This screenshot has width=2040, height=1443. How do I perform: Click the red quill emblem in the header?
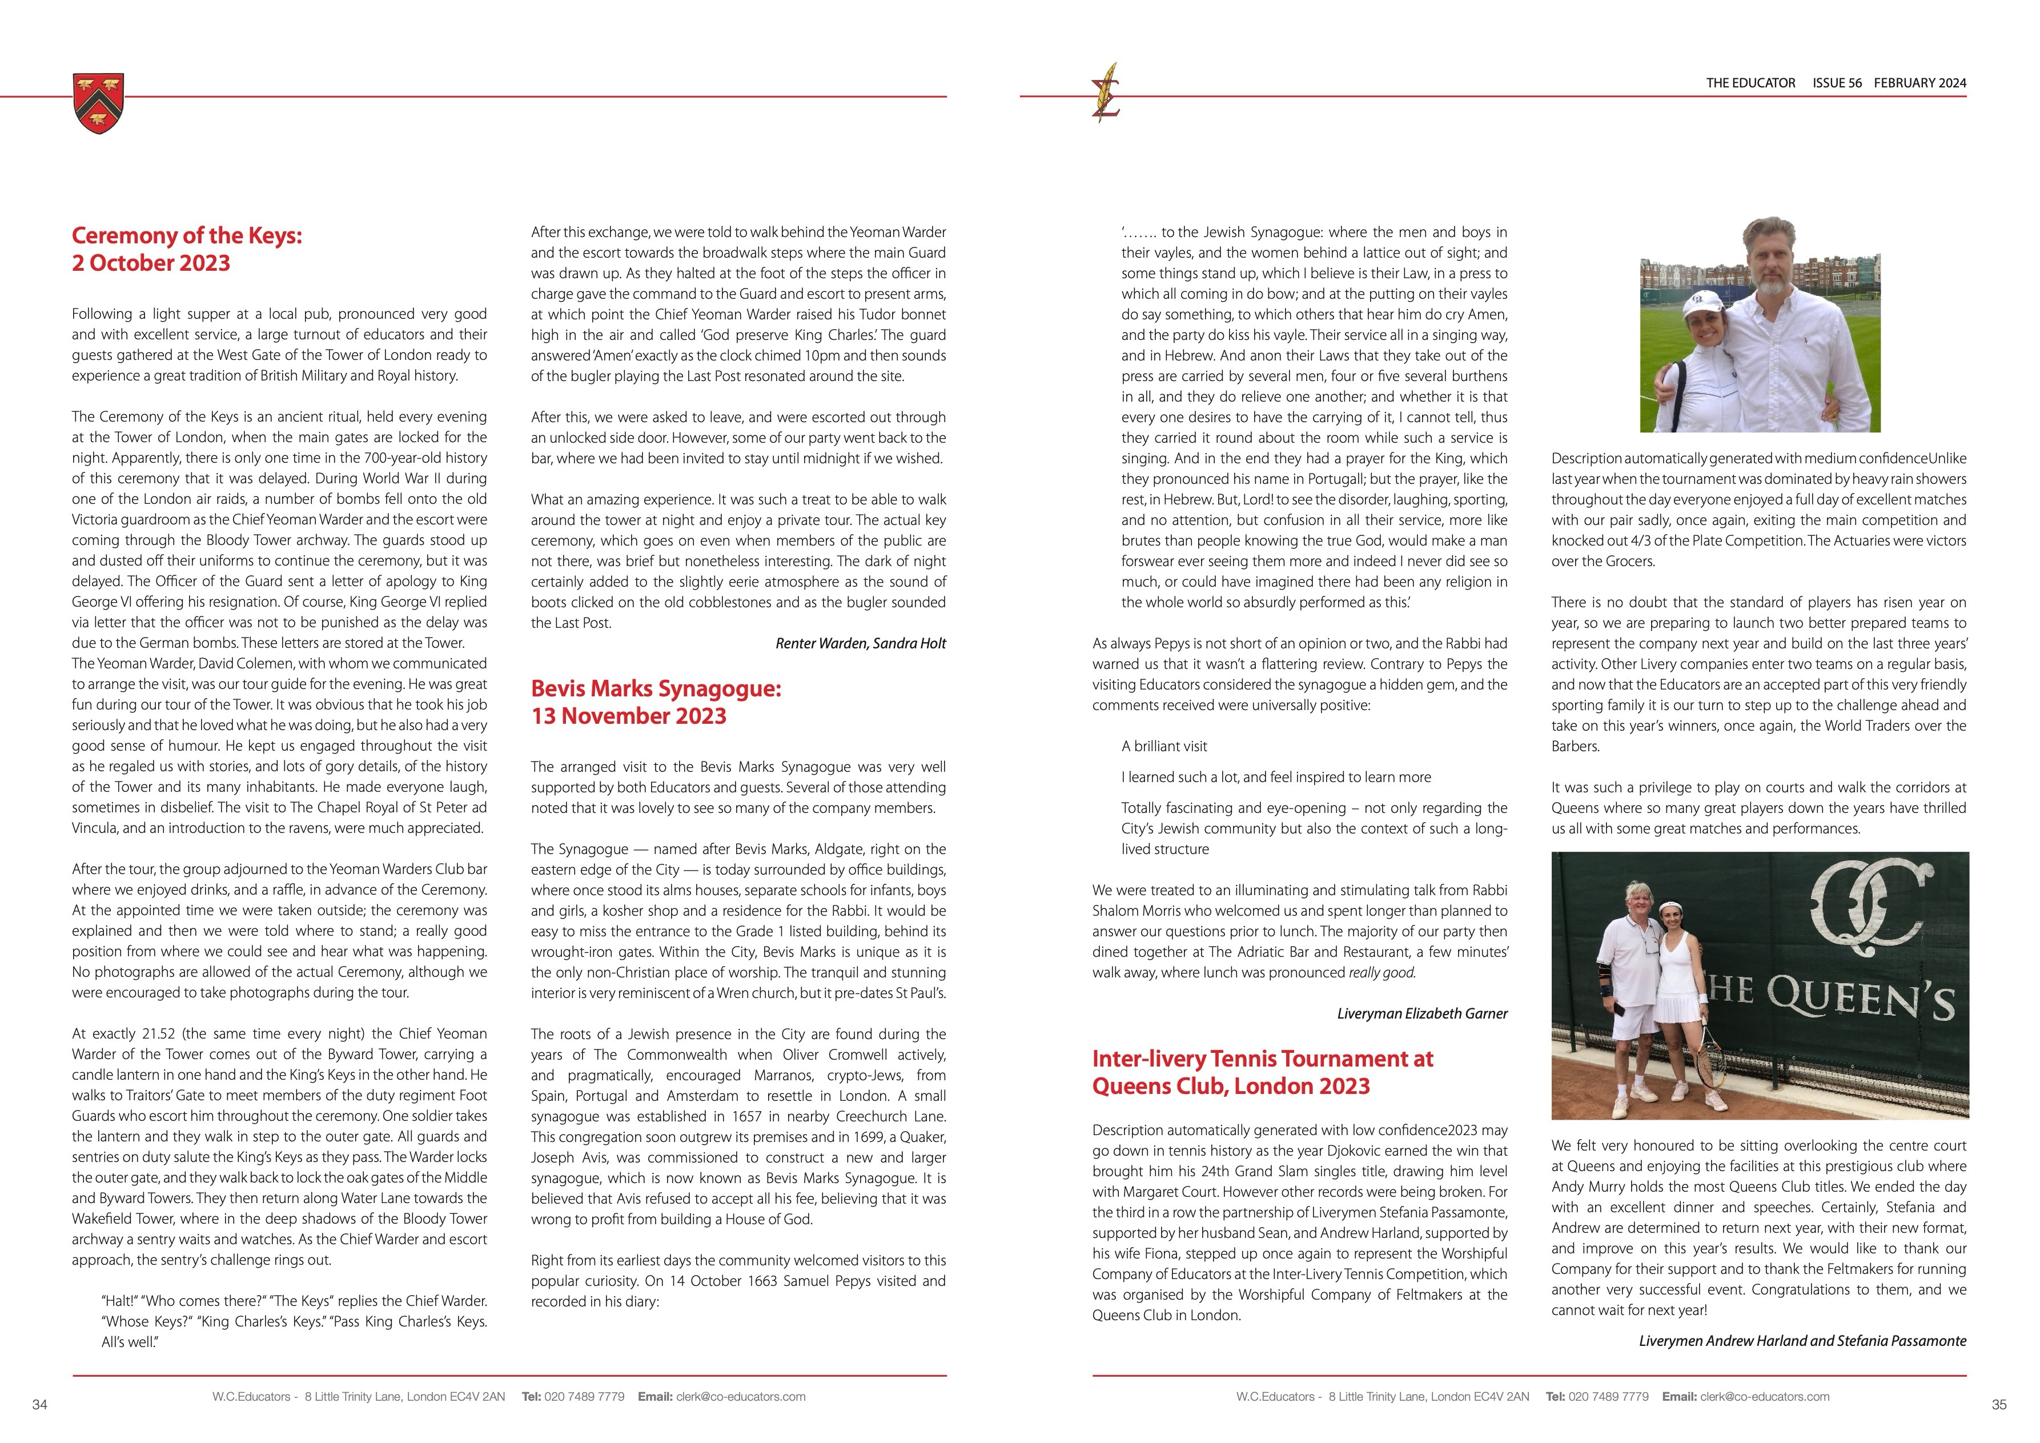1106,93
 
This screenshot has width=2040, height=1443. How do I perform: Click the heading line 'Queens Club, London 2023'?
1231,1086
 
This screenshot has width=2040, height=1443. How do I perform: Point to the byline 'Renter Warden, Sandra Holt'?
860,643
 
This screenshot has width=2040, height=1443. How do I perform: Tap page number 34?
39,1405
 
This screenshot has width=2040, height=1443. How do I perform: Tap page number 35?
1999,1405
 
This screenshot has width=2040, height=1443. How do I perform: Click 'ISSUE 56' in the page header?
1837,83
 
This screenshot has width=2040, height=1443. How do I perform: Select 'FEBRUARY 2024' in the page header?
1920,83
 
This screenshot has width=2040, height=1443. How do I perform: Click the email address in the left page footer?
740,1397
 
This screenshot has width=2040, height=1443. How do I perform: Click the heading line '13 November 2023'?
628,716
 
